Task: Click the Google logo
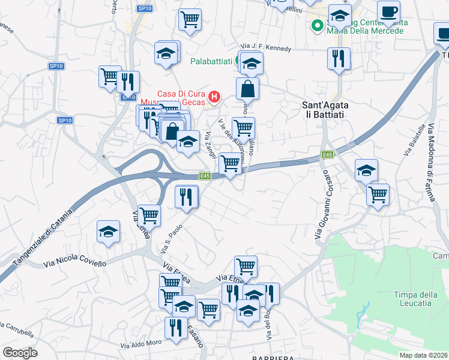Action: pyautogui.click(x=20, y=353)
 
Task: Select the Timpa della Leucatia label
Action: pyautogui.click(x=413, y=298)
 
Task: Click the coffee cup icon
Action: pyautogui.click(x=388, y=11)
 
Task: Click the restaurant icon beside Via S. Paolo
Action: pyautogui.click(x=187, y=196)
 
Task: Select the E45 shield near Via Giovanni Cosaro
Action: pyautogui.click(x=327, y=155)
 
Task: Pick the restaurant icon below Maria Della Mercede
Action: pyautogui.click(x=339, y=58)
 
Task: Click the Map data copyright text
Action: pyautogui.click(x=424, y=355)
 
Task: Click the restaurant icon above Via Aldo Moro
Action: pyautogui.click(x=175, y=328)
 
